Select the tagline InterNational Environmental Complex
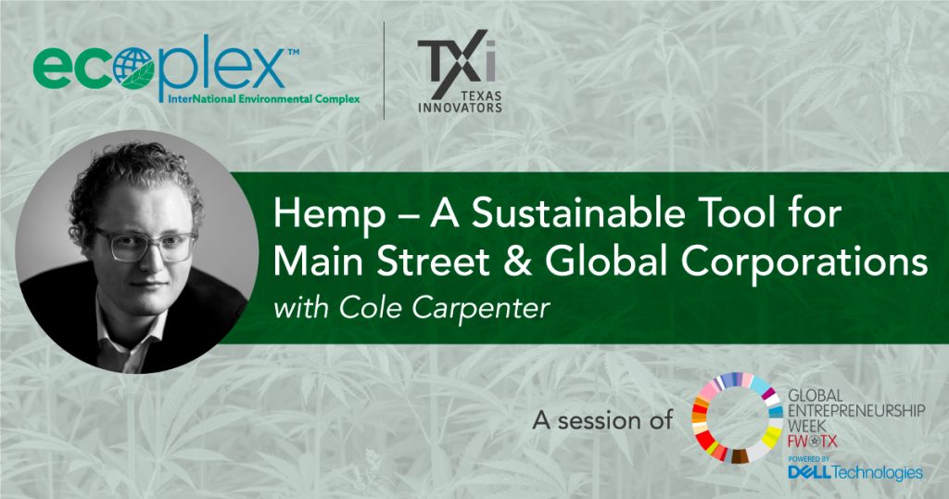pyautogui.click(x=259, y=98)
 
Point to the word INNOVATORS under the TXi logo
pyautogui.click(x=460, y=108)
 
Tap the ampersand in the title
pyautogui.click(x=517, y=262)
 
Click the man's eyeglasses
pyautogui.click(x=145, y=244)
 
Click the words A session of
pyautogui.click(x=602, y=419)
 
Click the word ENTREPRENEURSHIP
pyautogui.click(x=856, y=411)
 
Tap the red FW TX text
pyautogui.click(x=813, y=441)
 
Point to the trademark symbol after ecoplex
pyautogui.click(x=293, y=53)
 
